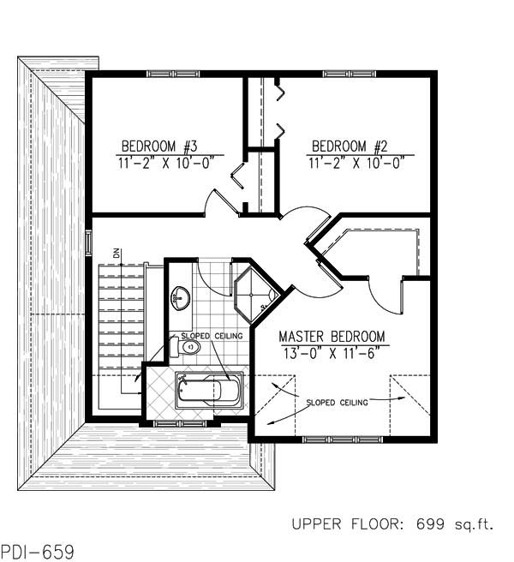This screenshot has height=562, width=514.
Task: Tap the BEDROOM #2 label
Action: point(350,145)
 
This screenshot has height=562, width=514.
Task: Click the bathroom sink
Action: point(181,297)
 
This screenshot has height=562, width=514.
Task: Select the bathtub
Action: point(209,392)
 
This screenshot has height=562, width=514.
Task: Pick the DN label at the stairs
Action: point(117,253)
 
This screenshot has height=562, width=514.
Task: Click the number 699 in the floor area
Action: point(418,523)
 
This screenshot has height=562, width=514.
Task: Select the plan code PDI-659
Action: point(37,550)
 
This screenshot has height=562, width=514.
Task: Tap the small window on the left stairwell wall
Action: point(88,242)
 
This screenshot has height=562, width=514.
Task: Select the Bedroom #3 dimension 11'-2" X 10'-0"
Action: point(159,161)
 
